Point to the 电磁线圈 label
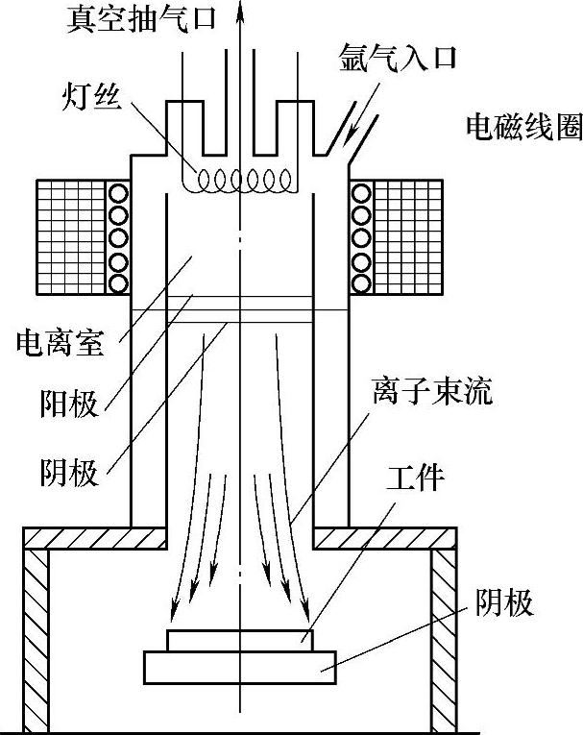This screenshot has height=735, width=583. pyautogui.click(x=522, y=128)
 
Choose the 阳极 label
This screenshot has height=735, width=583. pyautogui.click(x=70, y=404)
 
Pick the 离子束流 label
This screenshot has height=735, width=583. pyautogui.click(x=431, y=393)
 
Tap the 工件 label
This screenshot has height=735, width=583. pyautogui.click(x=415, y=477)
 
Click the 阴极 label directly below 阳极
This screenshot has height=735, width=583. pyautogui.click(x=70, y=473)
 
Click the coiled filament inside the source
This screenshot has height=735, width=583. pyautogui.click(x=244, y=180)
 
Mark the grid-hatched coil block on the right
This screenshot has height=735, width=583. pyautogui.click(x=407, y=237)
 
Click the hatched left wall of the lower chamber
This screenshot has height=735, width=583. pyautogui.click(x=36, y=639)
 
